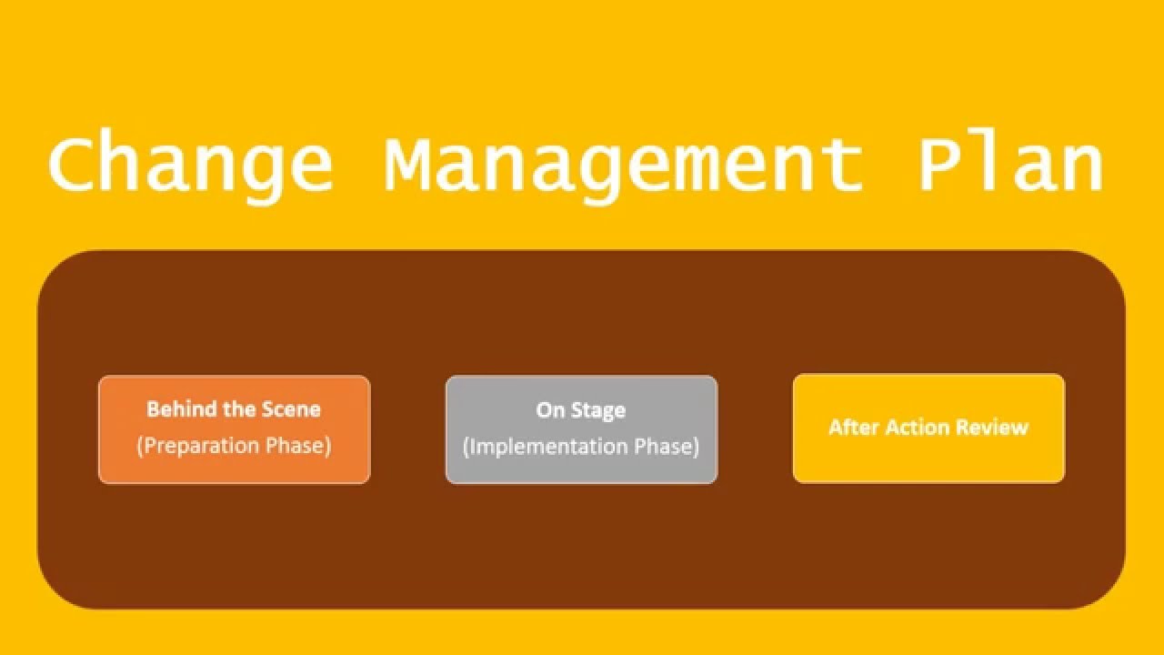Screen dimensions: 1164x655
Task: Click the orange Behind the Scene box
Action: [234, 429]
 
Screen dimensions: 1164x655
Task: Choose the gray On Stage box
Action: [581, 429]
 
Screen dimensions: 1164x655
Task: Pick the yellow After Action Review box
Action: [928, 428]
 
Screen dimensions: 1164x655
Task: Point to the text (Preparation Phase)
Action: [234, 447]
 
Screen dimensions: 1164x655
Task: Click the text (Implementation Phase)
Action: [581, 448]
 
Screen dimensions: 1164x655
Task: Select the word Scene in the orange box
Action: [292, 409]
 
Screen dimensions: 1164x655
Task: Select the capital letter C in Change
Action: [74, 164]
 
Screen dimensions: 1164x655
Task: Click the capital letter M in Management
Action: [408, 164]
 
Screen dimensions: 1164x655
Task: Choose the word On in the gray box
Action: [550, 410]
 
